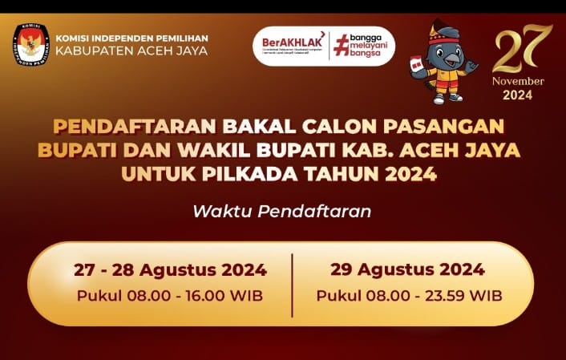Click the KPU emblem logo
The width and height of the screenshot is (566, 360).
click(30, 44)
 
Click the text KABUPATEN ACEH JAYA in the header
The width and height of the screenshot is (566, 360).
click(131, 51)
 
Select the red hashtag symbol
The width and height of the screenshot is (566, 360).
click(341, 45)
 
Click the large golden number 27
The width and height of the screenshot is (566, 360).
click(522, 50)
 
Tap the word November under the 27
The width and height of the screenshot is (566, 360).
click(518, 81)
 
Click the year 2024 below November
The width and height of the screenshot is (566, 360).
click(518, 95)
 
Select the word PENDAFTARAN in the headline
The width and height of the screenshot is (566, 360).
click(114, 127)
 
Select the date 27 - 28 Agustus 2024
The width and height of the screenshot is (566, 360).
click(170, 269)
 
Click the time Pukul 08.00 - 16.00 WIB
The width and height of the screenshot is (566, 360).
click(170, 295)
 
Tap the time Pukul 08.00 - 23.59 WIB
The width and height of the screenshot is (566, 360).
click(409, 295)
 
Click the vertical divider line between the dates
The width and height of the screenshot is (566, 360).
click(292, 283)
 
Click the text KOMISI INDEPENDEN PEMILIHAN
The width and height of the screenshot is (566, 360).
click(131, 37)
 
